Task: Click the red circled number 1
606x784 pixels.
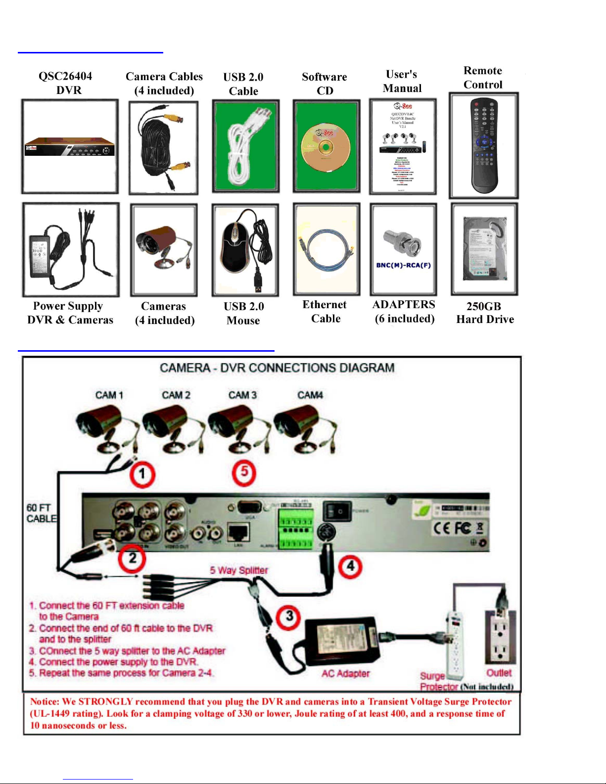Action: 142,474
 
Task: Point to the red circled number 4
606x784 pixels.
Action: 350,566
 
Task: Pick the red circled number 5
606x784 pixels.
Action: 244,472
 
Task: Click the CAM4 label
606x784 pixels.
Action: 310,395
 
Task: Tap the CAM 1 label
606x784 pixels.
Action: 109,395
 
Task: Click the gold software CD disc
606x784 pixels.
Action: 325,147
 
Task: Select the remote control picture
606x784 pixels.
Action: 483,145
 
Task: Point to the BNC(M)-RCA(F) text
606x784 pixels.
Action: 403,265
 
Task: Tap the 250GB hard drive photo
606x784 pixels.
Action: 484,249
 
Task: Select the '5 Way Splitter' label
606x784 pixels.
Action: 239,570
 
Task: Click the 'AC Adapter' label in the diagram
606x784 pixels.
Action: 345,673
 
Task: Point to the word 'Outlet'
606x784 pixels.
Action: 499,673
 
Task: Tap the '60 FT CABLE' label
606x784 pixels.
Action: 41,513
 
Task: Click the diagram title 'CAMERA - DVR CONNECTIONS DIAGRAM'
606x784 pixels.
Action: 277,368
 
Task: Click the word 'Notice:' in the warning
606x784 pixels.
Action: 45,701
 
